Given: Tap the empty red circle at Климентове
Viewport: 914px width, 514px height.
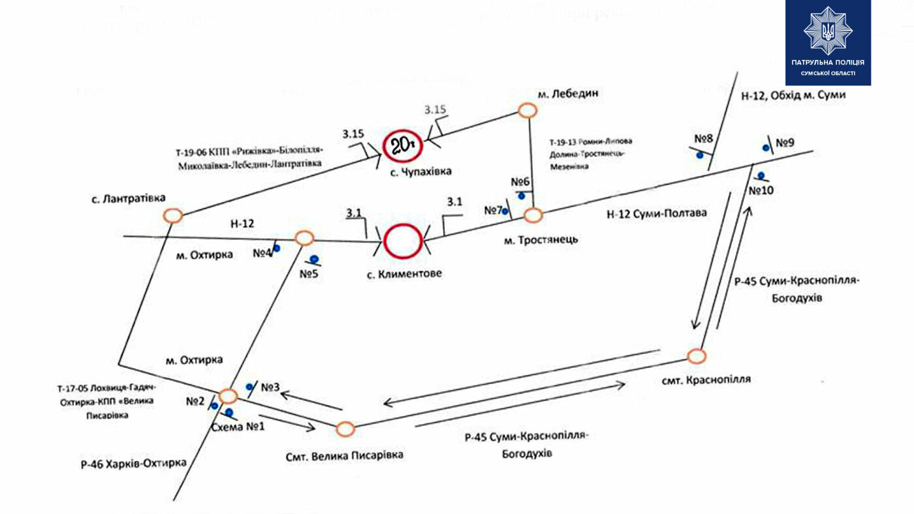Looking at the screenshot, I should coord(403,241).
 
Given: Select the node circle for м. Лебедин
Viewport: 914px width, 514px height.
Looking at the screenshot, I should coord(528,110).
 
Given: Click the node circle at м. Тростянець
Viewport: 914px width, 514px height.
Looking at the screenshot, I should coord(533,215).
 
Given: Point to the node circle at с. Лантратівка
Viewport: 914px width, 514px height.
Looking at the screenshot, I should coord(173,215).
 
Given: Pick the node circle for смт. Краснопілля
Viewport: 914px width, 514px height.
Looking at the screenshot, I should coord(697,356).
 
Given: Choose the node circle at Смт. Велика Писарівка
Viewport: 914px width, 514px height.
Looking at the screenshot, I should coord(345,429).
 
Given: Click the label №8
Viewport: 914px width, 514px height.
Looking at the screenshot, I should coord(702,139).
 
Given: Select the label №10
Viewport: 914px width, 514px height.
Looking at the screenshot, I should coord(761,190).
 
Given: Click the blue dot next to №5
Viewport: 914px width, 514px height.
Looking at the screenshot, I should coord(314,258).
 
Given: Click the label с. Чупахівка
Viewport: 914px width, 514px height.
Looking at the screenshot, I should coord(417,172).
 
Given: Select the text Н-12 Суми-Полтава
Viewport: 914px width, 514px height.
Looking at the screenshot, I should coord(657,213).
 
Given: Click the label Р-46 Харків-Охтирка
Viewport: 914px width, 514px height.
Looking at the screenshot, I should coord(133,464).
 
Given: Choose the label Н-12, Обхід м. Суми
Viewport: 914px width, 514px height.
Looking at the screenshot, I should coord(793,95).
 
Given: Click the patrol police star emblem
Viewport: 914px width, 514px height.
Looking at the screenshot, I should coord(827,31).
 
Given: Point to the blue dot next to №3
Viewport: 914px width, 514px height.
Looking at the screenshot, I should coord(249,387).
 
